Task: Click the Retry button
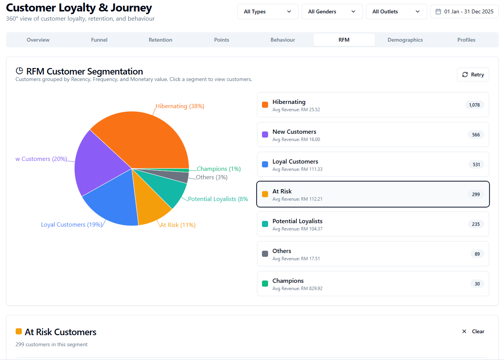pos(473,75)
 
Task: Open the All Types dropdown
pos(268,11)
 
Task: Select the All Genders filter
pos(332,11)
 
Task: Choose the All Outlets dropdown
pos(396,11)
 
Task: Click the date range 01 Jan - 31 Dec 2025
pos(464,11)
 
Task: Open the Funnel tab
pos(99,40)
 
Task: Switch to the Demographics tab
pos(405,40)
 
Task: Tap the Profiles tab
pos(466,40)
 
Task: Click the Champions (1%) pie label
pos(218,169)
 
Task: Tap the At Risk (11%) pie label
pos(178,225)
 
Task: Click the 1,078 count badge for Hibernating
pos(474,105)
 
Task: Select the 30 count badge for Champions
pos(477,284)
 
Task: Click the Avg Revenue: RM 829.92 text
pos(297,289)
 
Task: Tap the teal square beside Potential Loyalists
pos(265,224)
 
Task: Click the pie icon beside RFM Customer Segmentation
pos(20,71)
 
